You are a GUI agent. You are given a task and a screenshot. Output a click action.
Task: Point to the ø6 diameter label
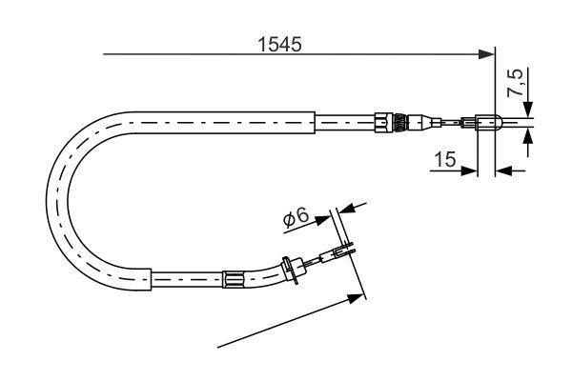click(296, 218)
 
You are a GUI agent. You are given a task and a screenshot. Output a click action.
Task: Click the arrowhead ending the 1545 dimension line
click(487, 53)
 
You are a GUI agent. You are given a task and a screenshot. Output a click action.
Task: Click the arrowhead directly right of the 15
click(468, 171)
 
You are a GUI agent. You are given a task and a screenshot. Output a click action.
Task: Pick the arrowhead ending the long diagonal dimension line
click(357, 298)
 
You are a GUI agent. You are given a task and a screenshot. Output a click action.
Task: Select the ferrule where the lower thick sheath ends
click(232, 280)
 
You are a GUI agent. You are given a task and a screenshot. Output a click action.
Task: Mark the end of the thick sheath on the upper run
click(313, 121)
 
